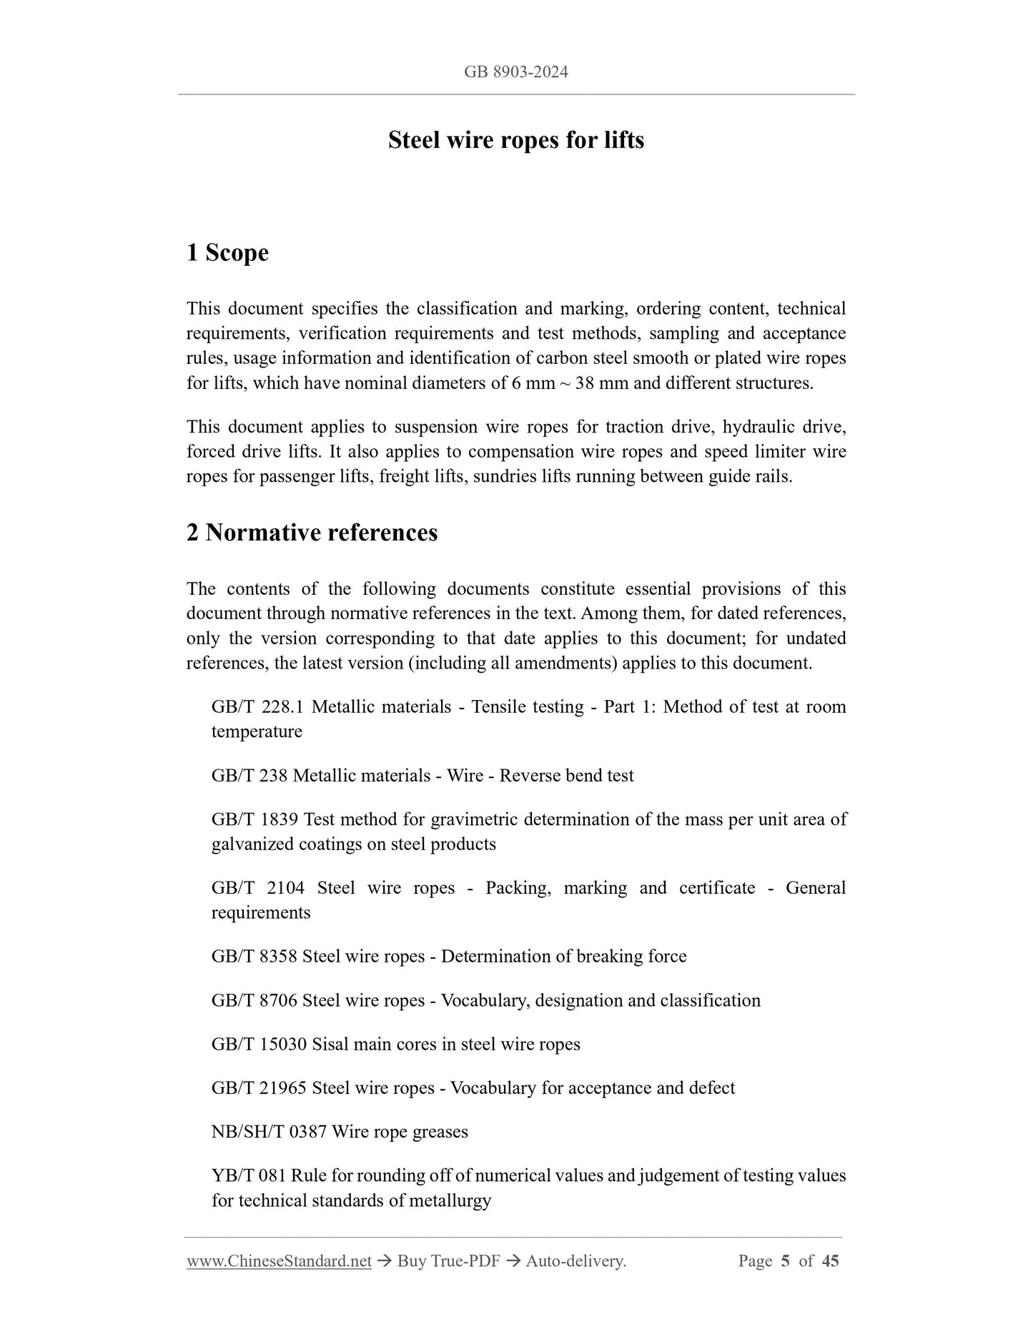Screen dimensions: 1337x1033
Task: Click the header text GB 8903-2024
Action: click(515, 71)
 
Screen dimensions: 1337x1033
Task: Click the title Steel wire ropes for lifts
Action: click(515, 140)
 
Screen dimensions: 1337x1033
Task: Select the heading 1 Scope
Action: click(227, 253)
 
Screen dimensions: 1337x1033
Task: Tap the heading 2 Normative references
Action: click(312, 533)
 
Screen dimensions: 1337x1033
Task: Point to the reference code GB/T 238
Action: click(249, 776)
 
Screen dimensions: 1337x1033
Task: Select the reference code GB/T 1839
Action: click(254, 819)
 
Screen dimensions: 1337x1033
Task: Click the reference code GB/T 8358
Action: click(254, 957)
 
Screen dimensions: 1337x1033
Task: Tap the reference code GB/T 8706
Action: click(254, 1000)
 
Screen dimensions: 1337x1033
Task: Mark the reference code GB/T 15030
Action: click(259, 1045)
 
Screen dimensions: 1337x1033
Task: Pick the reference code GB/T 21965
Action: click(259, 1088)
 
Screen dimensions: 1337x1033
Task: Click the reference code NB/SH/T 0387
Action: click(268, 1132)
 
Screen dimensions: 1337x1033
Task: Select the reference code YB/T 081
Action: click(248, 1176)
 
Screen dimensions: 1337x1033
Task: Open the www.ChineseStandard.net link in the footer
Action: click(279, 1261)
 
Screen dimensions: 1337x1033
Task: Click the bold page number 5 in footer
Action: click(785, 1261)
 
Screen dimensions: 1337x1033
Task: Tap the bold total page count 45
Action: click(830, 1261)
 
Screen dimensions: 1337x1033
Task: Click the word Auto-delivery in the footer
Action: click(575, 1261)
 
